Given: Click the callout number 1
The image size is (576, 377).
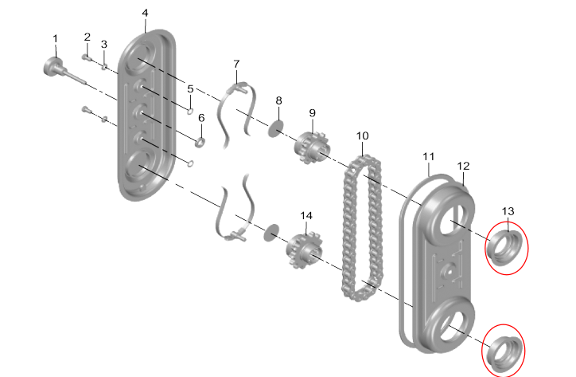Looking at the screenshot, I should (56, 38).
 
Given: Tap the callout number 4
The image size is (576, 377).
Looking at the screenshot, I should (145, 14).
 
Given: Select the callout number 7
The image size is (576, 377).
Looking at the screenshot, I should (236, 63).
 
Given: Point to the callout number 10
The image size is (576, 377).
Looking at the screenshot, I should (362, 136).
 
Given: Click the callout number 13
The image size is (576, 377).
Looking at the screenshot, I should (508, 210).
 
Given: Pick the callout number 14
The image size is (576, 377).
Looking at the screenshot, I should (306, 215).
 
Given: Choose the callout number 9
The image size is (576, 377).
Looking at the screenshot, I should (313, 113).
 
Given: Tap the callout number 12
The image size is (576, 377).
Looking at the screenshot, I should (464, 166).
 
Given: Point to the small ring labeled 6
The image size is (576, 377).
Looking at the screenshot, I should (200, 142).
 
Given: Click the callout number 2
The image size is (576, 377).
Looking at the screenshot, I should (88, 37).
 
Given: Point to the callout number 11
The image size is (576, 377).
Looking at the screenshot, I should (429, 155).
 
